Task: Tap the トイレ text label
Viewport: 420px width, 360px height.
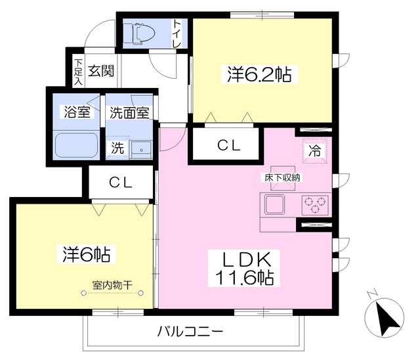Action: point(177,34)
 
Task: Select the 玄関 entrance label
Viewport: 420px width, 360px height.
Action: point(101,71)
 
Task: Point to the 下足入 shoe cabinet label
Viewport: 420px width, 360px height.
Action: point(78,72)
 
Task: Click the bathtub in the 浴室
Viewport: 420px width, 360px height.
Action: point(76,145)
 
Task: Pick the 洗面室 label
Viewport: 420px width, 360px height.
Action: point(129,113)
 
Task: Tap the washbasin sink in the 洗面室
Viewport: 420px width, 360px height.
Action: point(141,150)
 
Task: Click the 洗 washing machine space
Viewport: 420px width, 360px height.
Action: point(118,148)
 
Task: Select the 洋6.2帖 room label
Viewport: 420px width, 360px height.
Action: point(259,74)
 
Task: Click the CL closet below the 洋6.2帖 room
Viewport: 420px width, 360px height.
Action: point(228,146)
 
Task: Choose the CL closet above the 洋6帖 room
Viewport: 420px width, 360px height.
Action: point(121,183)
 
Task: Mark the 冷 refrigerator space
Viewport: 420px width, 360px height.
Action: point(315,150)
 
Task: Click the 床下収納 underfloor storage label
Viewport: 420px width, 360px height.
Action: point(282,178)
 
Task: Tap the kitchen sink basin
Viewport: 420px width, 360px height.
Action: point(274,204)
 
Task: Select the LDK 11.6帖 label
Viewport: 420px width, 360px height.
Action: point(244,268)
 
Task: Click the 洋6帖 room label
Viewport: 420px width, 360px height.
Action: point(87,254)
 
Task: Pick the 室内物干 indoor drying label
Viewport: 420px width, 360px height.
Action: point(112,285)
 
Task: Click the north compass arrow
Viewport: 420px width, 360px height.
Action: point(386,317)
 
